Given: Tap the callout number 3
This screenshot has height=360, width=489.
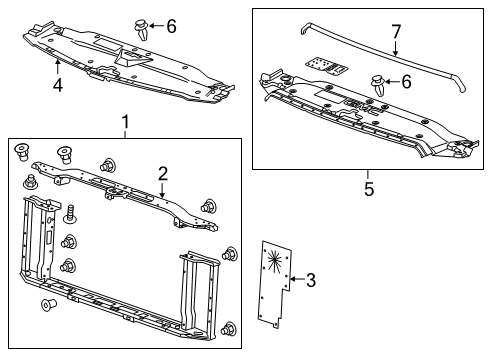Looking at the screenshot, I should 310,281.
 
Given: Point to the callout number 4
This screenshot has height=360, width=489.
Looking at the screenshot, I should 58,85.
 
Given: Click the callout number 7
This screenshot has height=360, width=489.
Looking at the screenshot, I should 397,32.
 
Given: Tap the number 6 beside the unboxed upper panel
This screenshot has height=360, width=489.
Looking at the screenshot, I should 171,27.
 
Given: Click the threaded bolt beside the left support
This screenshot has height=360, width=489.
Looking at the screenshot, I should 72,213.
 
